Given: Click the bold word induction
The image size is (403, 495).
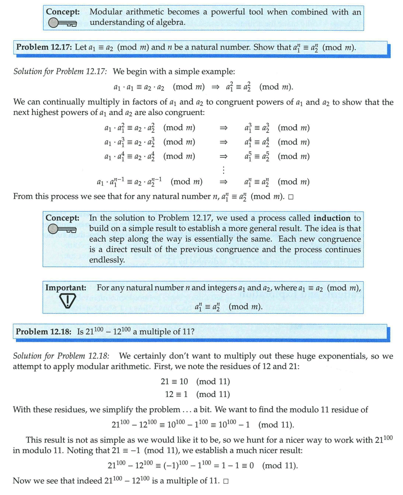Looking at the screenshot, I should coord(332,218).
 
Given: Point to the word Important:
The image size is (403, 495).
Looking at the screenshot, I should coord(65,288).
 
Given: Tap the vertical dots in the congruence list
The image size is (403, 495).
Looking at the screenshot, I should coord(224,169).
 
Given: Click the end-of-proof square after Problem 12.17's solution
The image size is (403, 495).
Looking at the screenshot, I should coord(290,197).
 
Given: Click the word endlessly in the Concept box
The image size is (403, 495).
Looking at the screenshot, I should coord(107,260).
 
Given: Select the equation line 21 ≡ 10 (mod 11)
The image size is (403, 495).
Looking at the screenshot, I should coord(195,382).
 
